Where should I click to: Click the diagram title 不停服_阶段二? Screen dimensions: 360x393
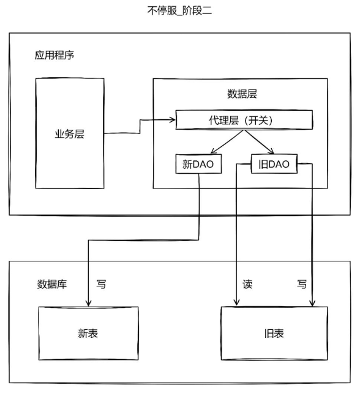[179, 11]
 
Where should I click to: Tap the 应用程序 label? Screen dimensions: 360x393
[54, 55]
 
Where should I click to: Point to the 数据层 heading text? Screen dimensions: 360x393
[242, 94]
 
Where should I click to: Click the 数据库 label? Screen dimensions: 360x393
[52, 284]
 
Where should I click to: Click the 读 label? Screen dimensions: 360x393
[247, 284]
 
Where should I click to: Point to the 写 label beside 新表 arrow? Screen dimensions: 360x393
[101, 284]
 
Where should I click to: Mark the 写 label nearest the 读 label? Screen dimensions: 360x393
[302, 284]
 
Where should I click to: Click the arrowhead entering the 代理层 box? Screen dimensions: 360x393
[173, 120]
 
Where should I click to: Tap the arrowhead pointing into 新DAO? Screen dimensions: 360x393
[213, 151]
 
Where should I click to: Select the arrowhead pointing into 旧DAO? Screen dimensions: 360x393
[271, 151]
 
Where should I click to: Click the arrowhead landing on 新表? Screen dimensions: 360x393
[88, 303]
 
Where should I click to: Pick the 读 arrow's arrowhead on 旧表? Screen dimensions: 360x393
[236, 303]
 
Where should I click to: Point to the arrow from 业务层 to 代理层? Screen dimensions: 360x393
[140, 127]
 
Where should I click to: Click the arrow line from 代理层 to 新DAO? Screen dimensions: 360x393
[227, 142]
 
